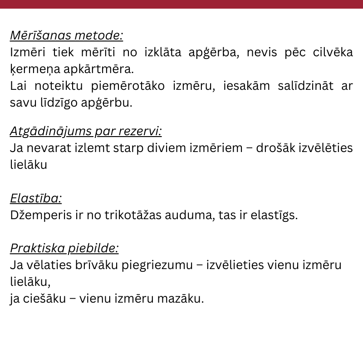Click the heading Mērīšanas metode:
coord(66,35)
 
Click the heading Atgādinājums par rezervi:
coord(86,132)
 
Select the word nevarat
coord(46,148)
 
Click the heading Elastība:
coord(36,198)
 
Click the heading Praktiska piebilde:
coord(64,248)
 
